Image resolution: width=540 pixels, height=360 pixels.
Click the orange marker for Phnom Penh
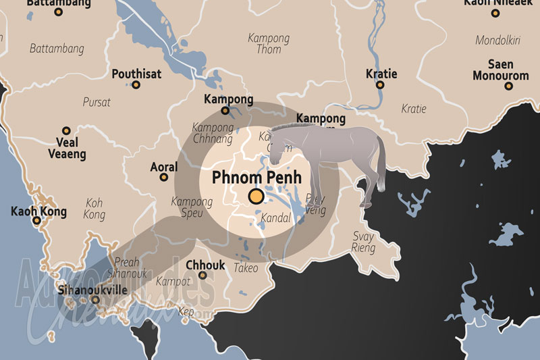tap(256, 197)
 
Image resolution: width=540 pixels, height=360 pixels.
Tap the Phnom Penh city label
tap(256, 178)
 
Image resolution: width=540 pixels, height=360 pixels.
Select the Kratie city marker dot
tap(380, 85)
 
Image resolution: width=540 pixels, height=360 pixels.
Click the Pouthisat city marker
tap(136, 85)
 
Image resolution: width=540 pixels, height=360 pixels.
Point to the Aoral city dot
tap(163, 178)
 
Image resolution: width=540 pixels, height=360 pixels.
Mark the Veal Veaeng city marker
tap(66, 131)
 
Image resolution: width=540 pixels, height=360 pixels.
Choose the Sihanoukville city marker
tap(95, 299)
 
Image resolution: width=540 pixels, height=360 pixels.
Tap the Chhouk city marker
tap(205, 276)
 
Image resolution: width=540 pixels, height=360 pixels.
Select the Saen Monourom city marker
tap(510, 87)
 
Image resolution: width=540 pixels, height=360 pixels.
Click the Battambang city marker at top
tap(57, 12)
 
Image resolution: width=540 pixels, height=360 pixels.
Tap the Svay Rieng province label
tap(363, 242)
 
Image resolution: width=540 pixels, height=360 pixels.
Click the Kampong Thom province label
tap(269, 43)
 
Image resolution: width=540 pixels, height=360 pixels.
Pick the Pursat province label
tap(97, 103)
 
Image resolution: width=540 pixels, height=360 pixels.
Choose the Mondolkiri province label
tap(499, 41)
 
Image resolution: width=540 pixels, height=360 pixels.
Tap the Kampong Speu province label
tap(192, 207)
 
